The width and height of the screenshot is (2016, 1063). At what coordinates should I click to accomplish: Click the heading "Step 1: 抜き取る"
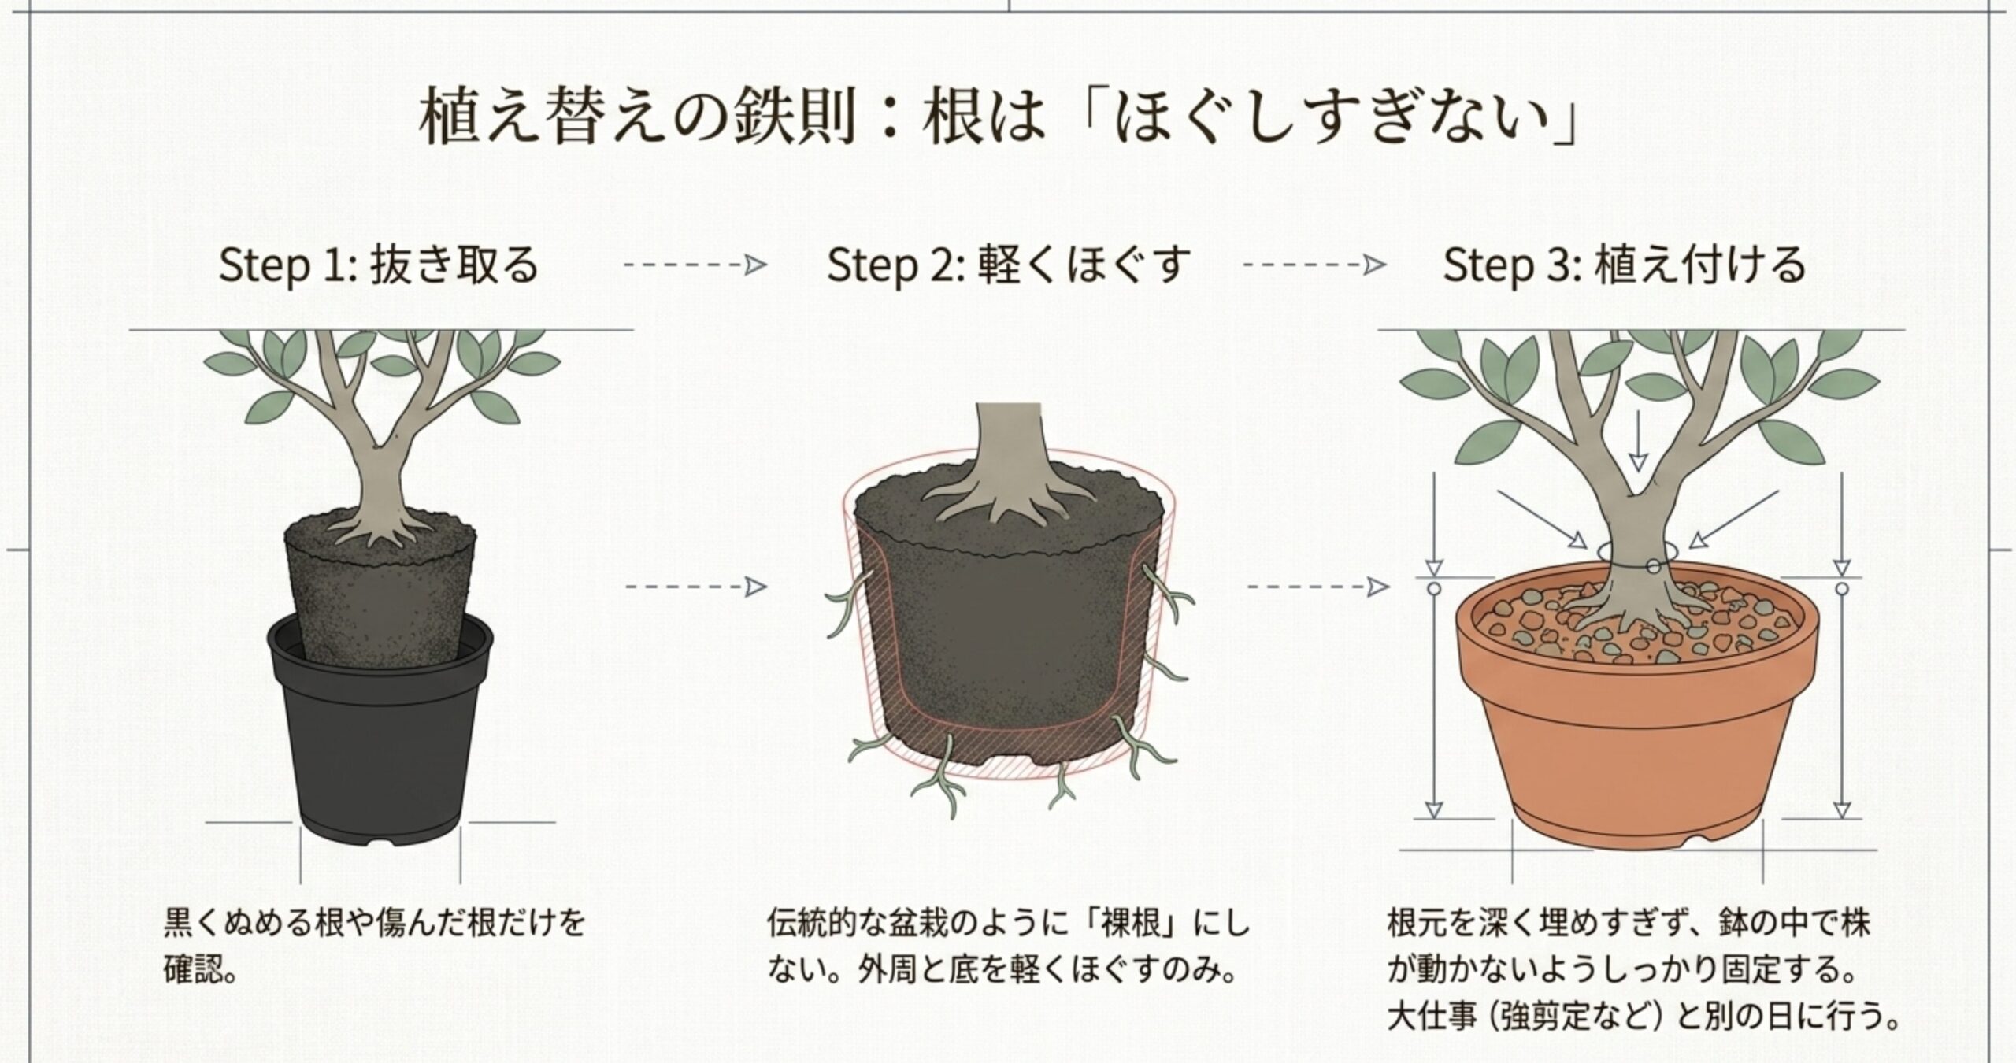click(378, 265)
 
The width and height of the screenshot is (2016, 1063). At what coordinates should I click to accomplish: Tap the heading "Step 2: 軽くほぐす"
click(1009, 265)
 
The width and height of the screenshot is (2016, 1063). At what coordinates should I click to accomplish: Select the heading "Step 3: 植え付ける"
click(1624, 265)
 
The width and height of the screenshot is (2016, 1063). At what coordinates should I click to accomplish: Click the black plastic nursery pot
click(380, 728)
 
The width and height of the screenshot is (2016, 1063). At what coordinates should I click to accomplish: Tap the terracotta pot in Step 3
click(1636, 709)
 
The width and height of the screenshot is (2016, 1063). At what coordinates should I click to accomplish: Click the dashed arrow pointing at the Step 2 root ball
click(695, 587)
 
